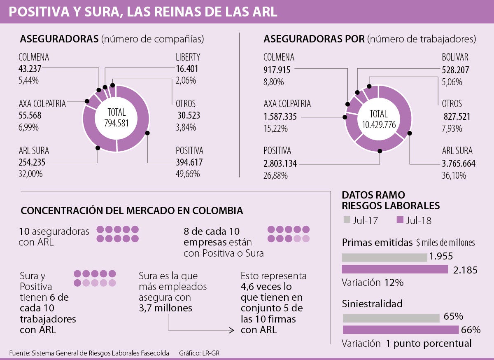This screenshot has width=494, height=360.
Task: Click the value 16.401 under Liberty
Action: tap(188, 69)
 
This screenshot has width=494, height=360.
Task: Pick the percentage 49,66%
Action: tap(188, 174)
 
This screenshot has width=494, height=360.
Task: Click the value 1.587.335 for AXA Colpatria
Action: tap(280, 117)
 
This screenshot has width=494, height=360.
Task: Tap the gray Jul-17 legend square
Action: tap(346, 220)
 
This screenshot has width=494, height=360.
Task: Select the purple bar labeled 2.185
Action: tap(395, 269)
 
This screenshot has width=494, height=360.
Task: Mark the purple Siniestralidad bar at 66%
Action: tap(400, 330)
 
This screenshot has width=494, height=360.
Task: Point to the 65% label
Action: tap(454, 317)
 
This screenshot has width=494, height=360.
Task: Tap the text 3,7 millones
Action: tap(165, 308)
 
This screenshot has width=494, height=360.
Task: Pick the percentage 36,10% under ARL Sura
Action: tap(454, 175)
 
